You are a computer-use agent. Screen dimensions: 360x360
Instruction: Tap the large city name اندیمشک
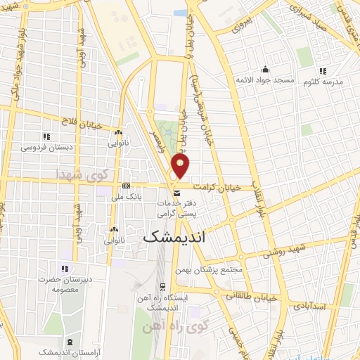[x=181, y=238]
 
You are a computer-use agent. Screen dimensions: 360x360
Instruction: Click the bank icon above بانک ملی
[x=126, y=186]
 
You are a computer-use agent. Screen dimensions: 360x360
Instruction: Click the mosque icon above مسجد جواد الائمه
[x=265, y=69]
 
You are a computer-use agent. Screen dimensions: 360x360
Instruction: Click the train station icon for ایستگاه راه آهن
[x=163, y=286]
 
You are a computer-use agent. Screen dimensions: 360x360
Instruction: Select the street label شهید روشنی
[x=286, y=250]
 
